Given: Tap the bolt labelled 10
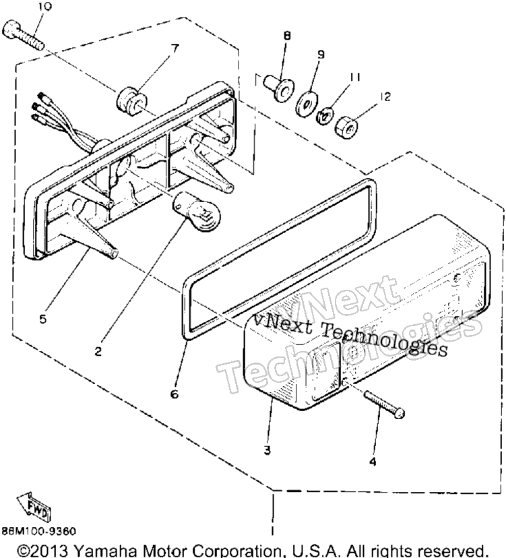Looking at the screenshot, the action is [23, 35].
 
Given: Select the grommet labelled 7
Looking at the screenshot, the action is [130, 101].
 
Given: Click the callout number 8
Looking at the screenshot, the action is [287, 36].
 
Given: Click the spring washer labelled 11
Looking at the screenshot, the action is [325, 116].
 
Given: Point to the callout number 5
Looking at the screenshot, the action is [43, 319].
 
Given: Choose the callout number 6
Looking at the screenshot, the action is [175, 394].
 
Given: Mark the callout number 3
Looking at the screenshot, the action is [267, 450].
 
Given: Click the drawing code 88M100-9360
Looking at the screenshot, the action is [39, 531].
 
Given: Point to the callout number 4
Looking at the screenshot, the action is [373, 462].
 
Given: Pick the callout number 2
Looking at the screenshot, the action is [98, 351].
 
